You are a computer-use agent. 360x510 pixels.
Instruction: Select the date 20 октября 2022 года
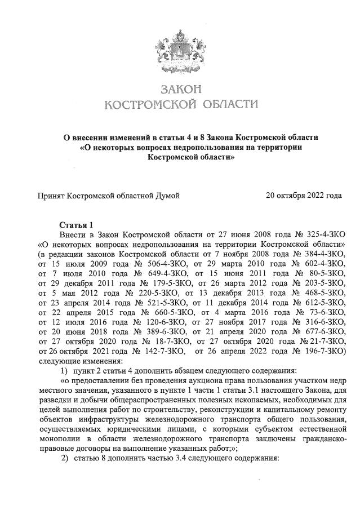(x=304, y=196)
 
